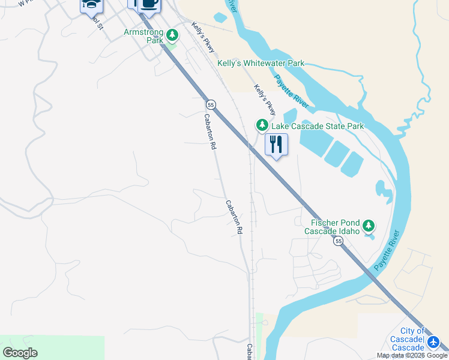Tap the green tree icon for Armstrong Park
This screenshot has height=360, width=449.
pyautogui.click(x=172, y=35)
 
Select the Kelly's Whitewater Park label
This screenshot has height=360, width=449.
pyautogui.click(x=261, y=63)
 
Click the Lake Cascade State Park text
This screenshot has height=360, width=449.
pyautogui.click(x=318, y=126)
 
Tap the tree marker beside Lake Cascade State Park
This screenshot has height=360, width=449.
pyautogui.click(x=262, y=125)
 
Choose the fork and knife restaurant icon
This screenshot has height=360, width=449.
pyautogui.click(x=276, y=145)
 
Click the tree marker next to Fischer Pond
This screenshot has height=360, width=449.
pyautogui.click(x=369, y=226)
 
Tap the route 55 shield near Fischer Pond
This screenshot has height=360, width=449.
pyautogui.click(x=339, y=241)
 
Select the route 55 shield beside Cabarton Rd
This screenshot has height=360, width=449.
pyautogui.click(x=210, y=104)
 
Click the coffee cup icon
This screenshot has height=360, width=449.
pyautogui.click(x=149, y=4)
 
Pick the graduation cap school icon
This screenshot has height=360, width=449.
pyautogui.click(x=91, y=5)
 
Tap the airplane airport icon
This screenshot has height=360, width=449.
pyautogui.click(x=434, y=343)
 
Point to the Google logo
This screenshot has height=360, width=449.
pyautogui.click(x=20, y=353)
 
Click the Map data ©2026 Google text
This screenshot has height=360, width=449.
pyautogui.click(x=412, y=355)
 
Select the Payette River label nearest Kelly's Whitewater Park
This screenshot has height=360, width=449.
pyautogui.click(x=292, y=91)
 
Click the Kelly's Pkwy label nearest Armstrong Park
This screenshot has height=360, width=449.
pyautogui.click(x=203, y=37)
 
